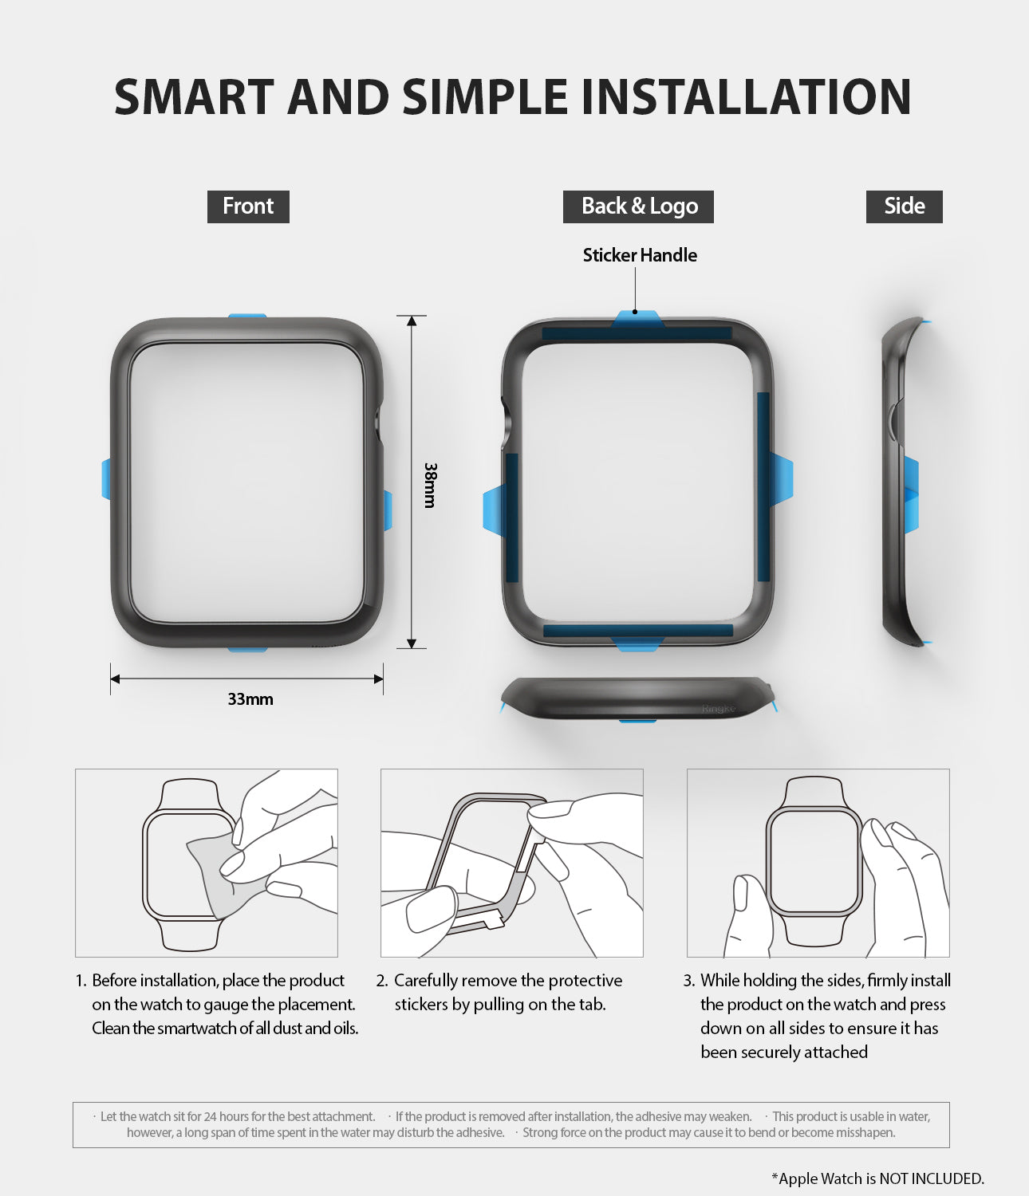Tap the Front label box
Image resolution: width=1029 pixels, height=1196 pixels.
coord(248,207)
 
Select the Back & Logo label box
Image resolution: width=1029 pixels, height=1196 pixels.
coord(638,207)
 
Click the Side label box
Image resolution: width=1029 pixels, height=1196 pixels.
coord(904,207)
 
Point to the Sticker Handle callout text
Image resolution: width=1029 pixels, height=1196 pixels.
coord(640,255)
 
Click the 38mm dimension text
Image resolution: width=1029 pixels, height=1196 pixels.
coord(430,485)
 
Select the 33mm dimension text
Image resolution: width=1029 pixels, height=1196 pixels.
coord(250,699)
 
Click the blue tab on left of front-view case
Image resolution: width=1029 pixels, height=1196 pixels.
coord(106,479)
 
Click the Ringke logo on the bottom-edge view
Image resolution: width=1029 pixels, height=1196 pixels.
coord(719,708)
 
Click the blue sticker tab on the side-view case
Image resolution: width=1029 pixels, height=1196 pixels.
coord(911,494)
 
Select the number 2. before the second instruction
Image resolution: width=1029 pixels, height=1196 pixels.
coord(381,980)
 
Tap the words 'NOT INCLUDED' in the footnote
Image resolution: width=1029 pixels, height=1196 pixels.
coord(930,1178)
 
